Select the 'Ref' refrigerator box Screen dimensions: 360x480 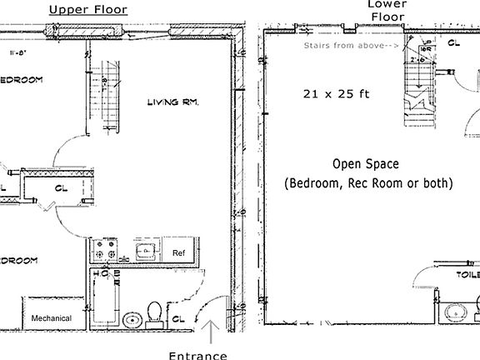point(178,251)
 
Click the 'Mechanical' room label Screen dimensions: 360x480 point(51,318)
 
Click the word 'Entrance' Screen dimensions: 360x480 point(197,355)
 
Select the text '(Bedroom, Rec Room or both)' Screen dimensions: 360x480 point(368,182)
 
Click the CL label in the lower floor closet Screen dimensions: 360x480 point(455,42)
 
